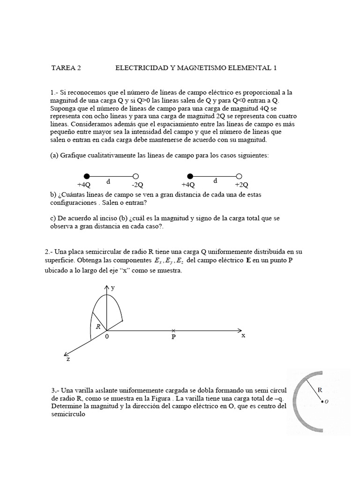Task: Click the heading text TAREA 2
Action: point(66,67)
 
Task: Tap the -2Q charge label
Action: point(137,185)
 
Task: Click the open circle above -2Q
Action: point(135,176)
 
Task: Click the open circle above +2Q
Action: point(239,176)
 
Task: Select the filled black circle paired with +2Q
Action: point(190,176)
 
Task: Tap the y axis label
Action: point(112,287)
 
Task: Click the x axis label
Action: point(243,336)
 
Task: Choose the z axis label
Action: point(69,359)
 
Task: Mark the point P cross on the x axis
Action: point(173,330)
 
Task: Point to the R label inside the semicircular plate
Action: point(98,326)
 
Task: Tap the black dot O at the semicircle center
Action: point(322,401)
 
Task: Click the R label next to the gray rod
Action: point(320,389)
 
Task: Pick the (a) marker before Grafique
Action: point(54,155)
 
